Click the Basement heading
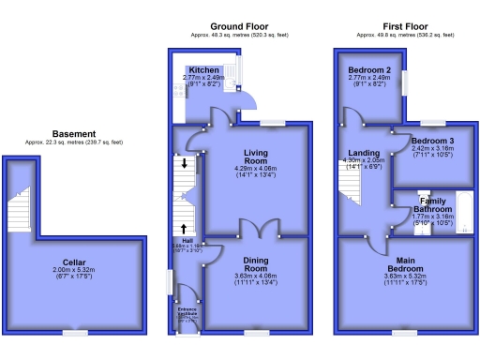pos(73,134)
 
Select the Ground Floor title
pos(234,26)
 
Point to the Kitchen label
pos(203,70)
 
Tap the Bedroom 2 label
pos(368,70)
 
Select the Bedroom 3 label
pos(432,141)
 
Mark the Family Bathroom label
pos(432,207)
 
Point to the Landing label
pos(364,154)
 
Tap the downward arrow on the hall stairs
pos(185,164)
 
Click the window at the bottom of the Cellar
pos(76,332)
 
